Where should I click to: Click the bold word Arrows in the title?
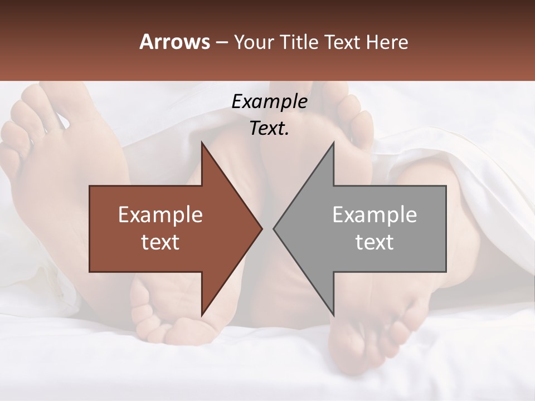click(x=174, y=42)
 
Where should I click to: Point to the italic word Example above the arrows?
click(x=270, y=102)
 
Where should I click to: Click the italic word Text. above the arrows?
click(x=270, y=129)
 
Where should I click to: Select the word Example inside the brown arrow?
click(x=160, y=215)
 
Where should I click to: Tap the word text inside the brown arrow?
click(x=160, y=242)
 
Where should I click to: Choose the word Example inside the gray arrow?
click(x=374, y=215)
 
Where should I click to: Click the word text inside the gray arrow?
click(x=374, y=242)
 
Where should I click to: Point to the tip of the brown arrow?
click(x=261, y=228)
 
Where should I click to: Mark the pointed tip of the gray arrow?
click(x=274, y=228)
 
